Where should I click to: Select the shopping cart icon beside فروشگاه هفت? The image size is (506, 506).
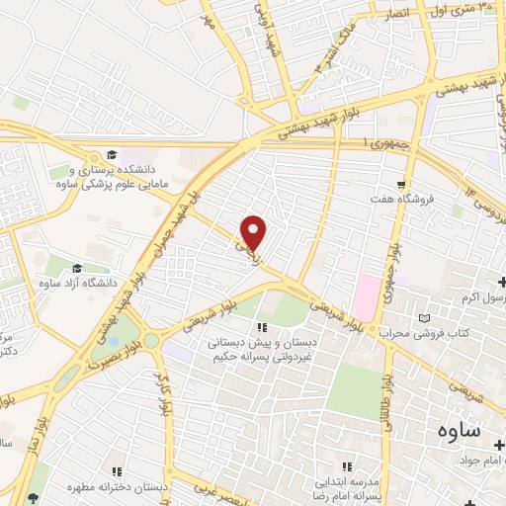pos(400,184)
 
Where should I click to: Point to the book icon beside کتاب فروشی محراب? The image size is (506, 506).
pos(426,319)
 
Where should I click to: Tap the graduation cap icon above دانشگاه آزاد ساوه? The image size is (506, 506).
pos(77,268)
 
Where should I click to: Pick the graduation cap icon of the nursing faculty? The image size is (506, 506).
pos(112,155)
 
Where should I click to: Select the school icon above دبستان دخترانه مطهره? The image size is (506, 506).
pos(117,471)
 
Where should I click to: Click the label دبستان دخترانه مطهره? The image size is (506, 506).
pos(117,488)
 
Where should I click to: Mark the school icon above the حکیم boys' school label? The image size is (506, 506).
pos(261,327)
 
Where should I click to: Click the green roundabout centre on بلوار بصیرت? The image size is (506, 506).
pos(150,340)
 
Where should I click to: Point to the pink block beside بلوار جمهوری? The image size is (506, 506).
pos(367,293)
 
